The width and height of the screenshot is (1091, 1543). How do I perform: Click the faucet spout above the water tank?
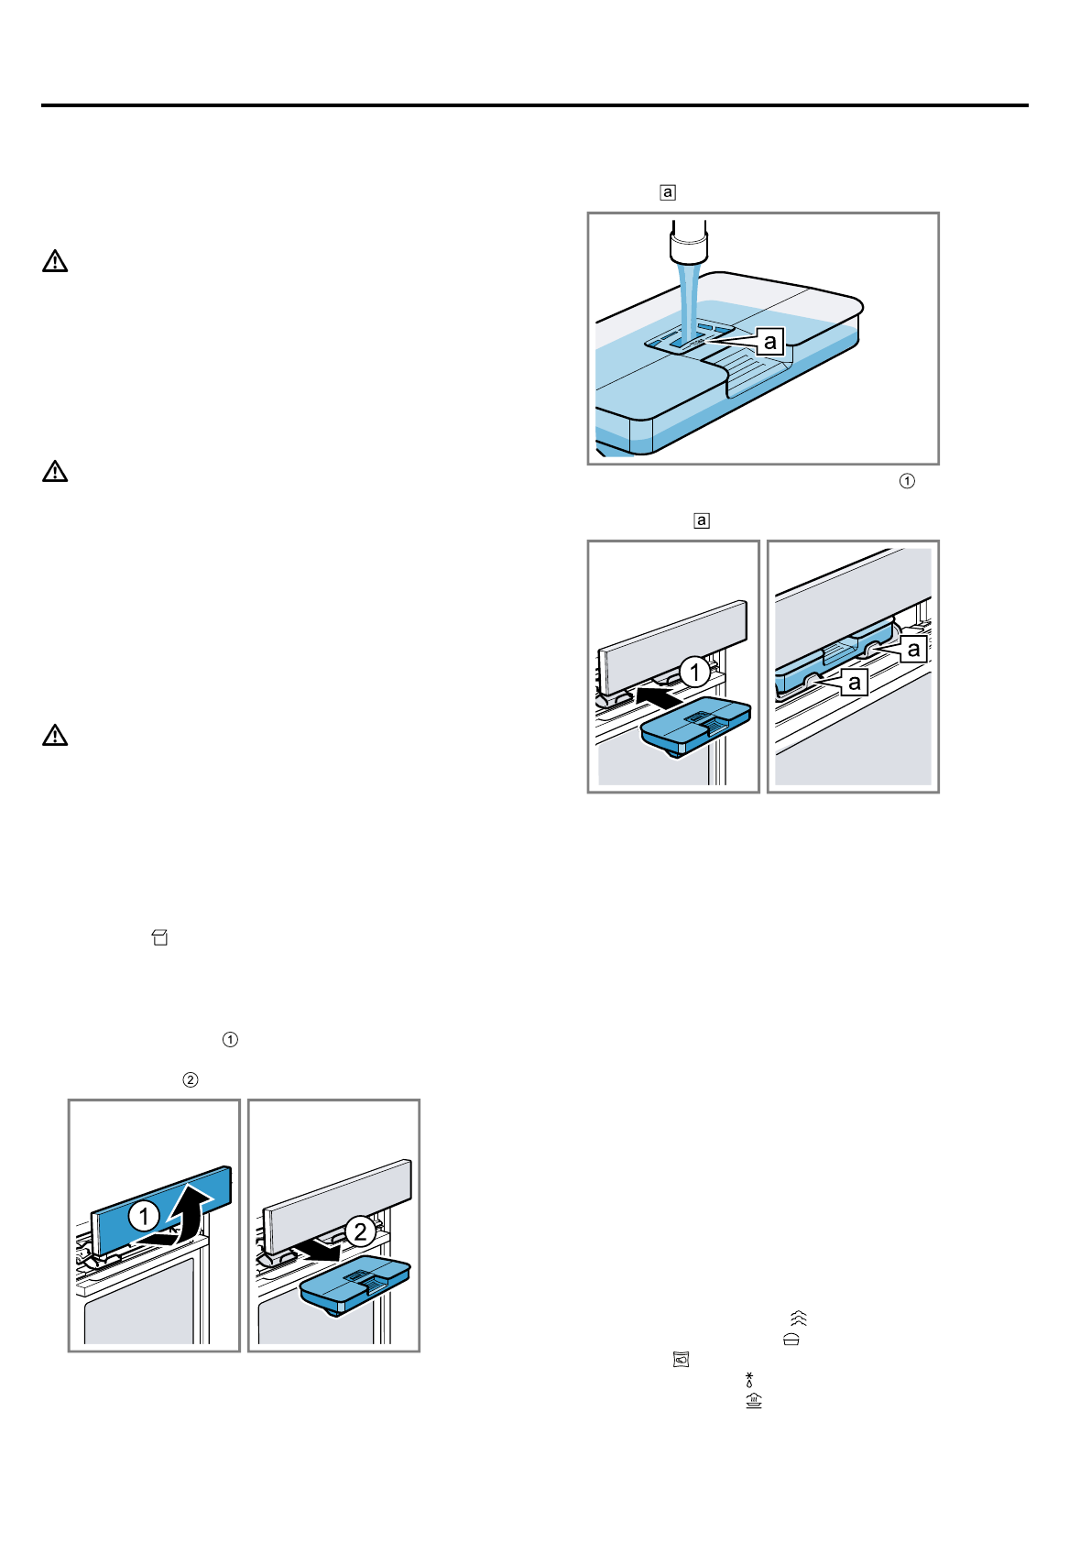689,240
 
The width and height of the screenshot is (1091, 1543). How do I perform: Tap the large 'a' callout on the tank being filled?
770,341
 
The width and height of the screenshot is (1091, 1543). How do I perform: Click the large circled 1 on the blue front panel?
144,1217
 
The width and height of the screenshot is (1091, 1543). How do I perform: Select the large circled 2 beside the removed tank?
360,1231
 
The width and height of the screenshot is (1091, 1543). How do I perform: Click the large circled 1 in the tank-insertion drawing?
695,672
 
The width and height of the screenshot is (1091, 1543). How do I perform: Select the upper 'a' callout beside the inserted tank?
913,649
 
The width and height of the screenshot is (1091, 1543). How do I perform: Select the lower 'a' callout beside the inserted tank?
854,682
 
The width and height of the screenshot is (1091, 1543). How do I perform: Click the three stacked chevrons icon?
799,1319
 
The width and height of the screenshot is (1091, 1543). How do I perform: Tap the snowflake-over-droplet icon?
749,1380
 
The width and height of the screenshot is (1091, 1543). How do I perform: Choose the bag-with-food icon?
681,1360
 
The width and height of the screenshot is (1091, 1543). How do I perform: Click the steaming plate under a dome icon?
754,1400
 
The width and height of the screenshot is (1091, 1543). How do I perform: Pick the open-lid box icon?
160,937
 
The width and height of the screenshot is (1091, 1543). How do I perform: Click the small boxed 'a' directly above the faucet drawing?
668,192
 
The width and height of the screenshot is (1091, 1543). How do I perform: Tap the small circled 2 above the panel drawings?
191,1080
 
